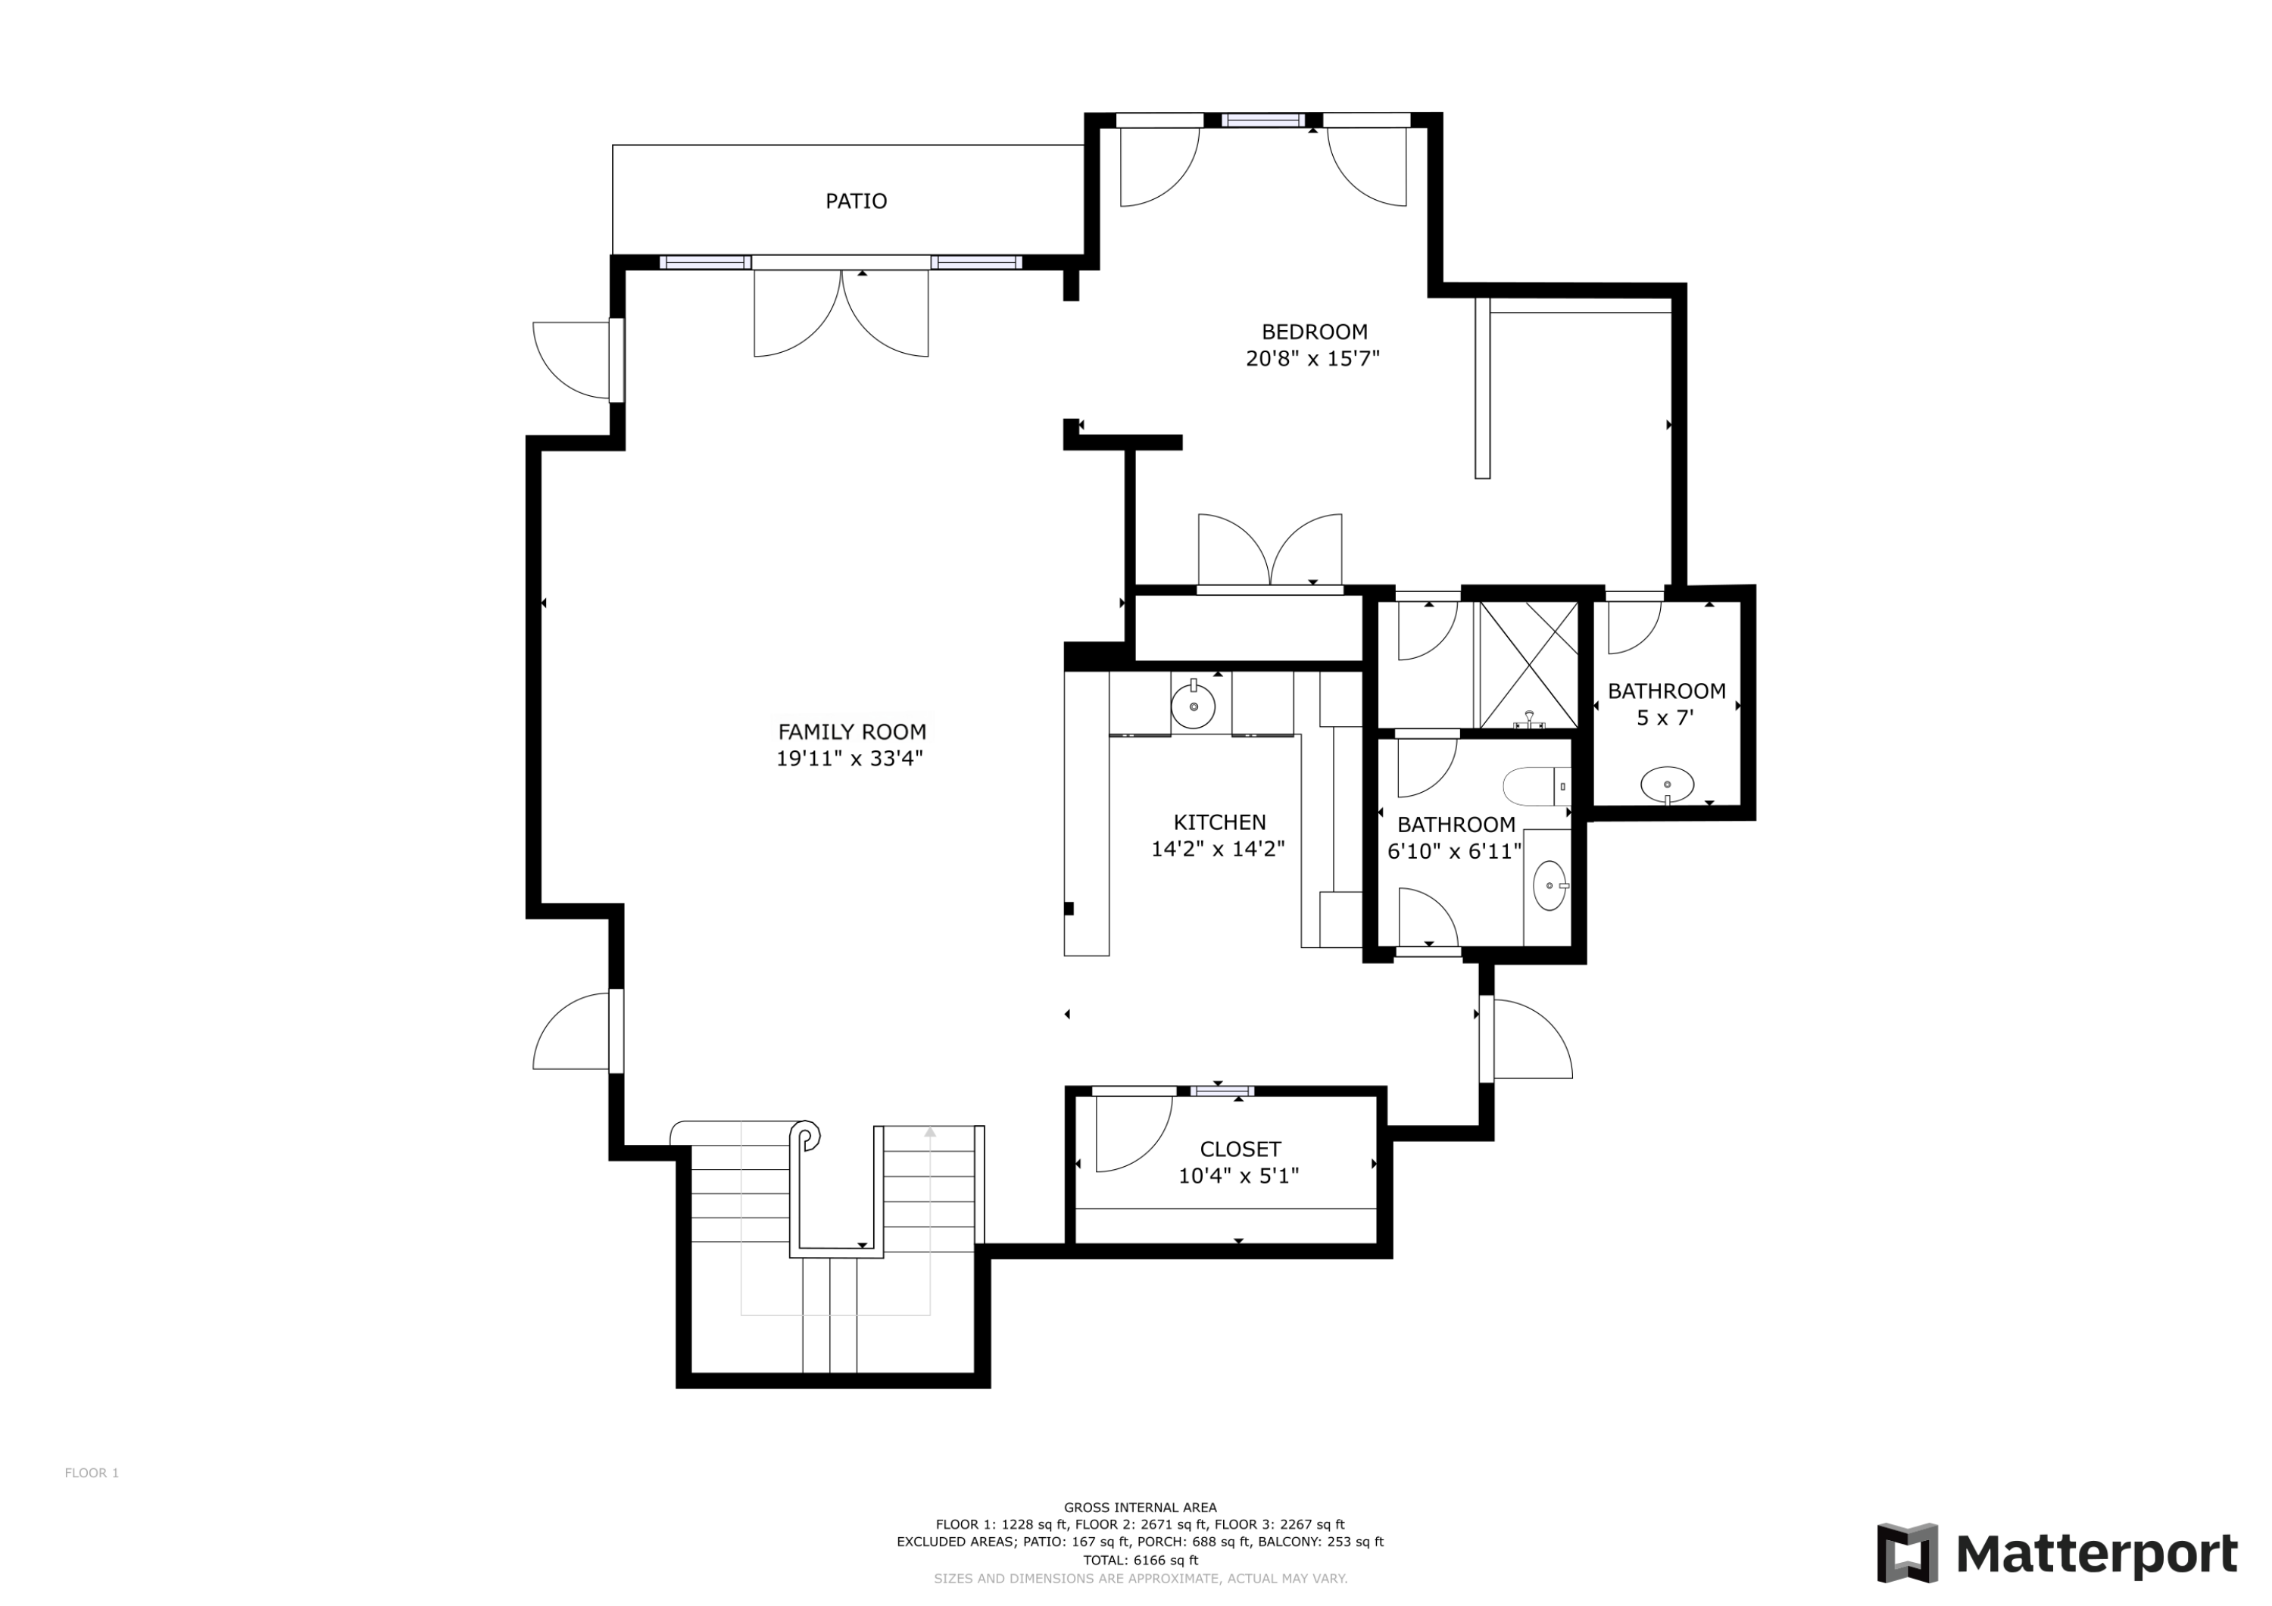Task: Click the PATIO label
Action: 856,201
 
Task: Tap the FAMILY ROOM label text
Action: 852,732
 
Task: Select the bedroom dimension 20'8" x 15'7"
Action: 1312,358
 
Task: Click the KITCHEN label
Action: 1219,822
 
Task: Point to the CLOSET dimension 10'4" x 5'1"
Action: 1238,1176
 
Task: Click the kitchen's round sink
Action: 1194,706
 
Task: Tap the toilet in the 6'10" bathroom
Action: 1535,787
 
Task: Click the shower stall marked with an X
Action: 1528,663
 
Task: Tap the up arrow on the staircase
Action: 930,1132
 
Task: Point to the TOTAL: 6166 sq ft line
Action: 1140,1561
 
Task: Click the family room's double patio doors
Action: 841,312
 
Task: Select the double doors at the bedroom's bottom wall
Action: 1269,552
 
